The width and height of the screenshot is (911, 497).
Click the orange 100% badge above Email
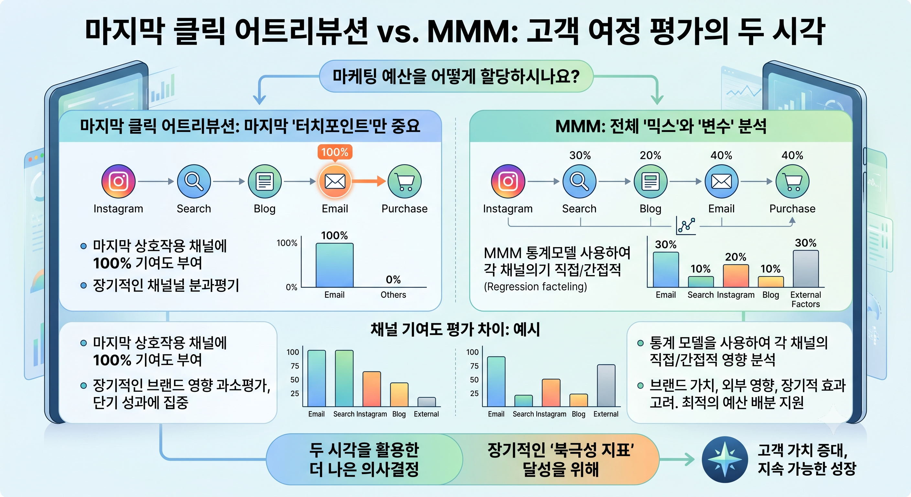pos(335,152)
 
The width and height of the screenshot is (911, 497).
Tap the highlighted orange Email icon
pos(335,181)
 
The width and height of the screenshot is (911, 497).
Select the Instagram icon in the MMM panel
pos(508,181)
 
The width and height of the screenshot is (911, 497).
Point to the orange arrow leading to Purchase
pos(369,181)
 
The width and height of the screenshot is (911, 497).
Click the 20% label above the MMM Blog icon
pos(650,155)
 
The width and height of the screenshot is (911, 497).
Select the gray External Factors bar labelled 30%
pos(806,269)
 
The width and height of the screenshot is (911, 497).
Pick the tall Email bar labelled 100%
pos(334,265)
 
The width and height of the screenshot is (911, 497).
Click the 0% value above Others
pos(393,280)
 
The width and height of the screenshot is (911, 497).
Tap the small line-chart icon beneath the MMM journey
pos(686,225)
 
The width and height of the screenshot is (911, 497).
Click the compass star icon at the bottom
pos(725,459)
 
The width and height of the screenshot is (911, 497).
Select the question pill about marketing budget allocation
pos(456,76)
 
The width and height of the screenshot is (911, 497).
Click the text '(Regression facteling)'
pos(535,287)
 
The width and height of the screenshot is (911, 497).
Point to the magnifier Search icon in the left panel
pos(194,181)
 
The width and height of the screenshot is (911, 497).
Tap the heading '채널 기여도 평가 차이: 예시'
pos(455,330)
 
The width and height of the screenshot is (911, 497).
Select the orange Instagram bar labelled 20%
pos(736,276)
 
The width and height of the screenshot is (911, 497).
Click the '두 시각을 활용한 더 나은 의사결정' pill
pos(364,459)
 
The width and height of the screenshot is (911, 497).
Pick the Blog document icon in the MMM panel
pos(650,181)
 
